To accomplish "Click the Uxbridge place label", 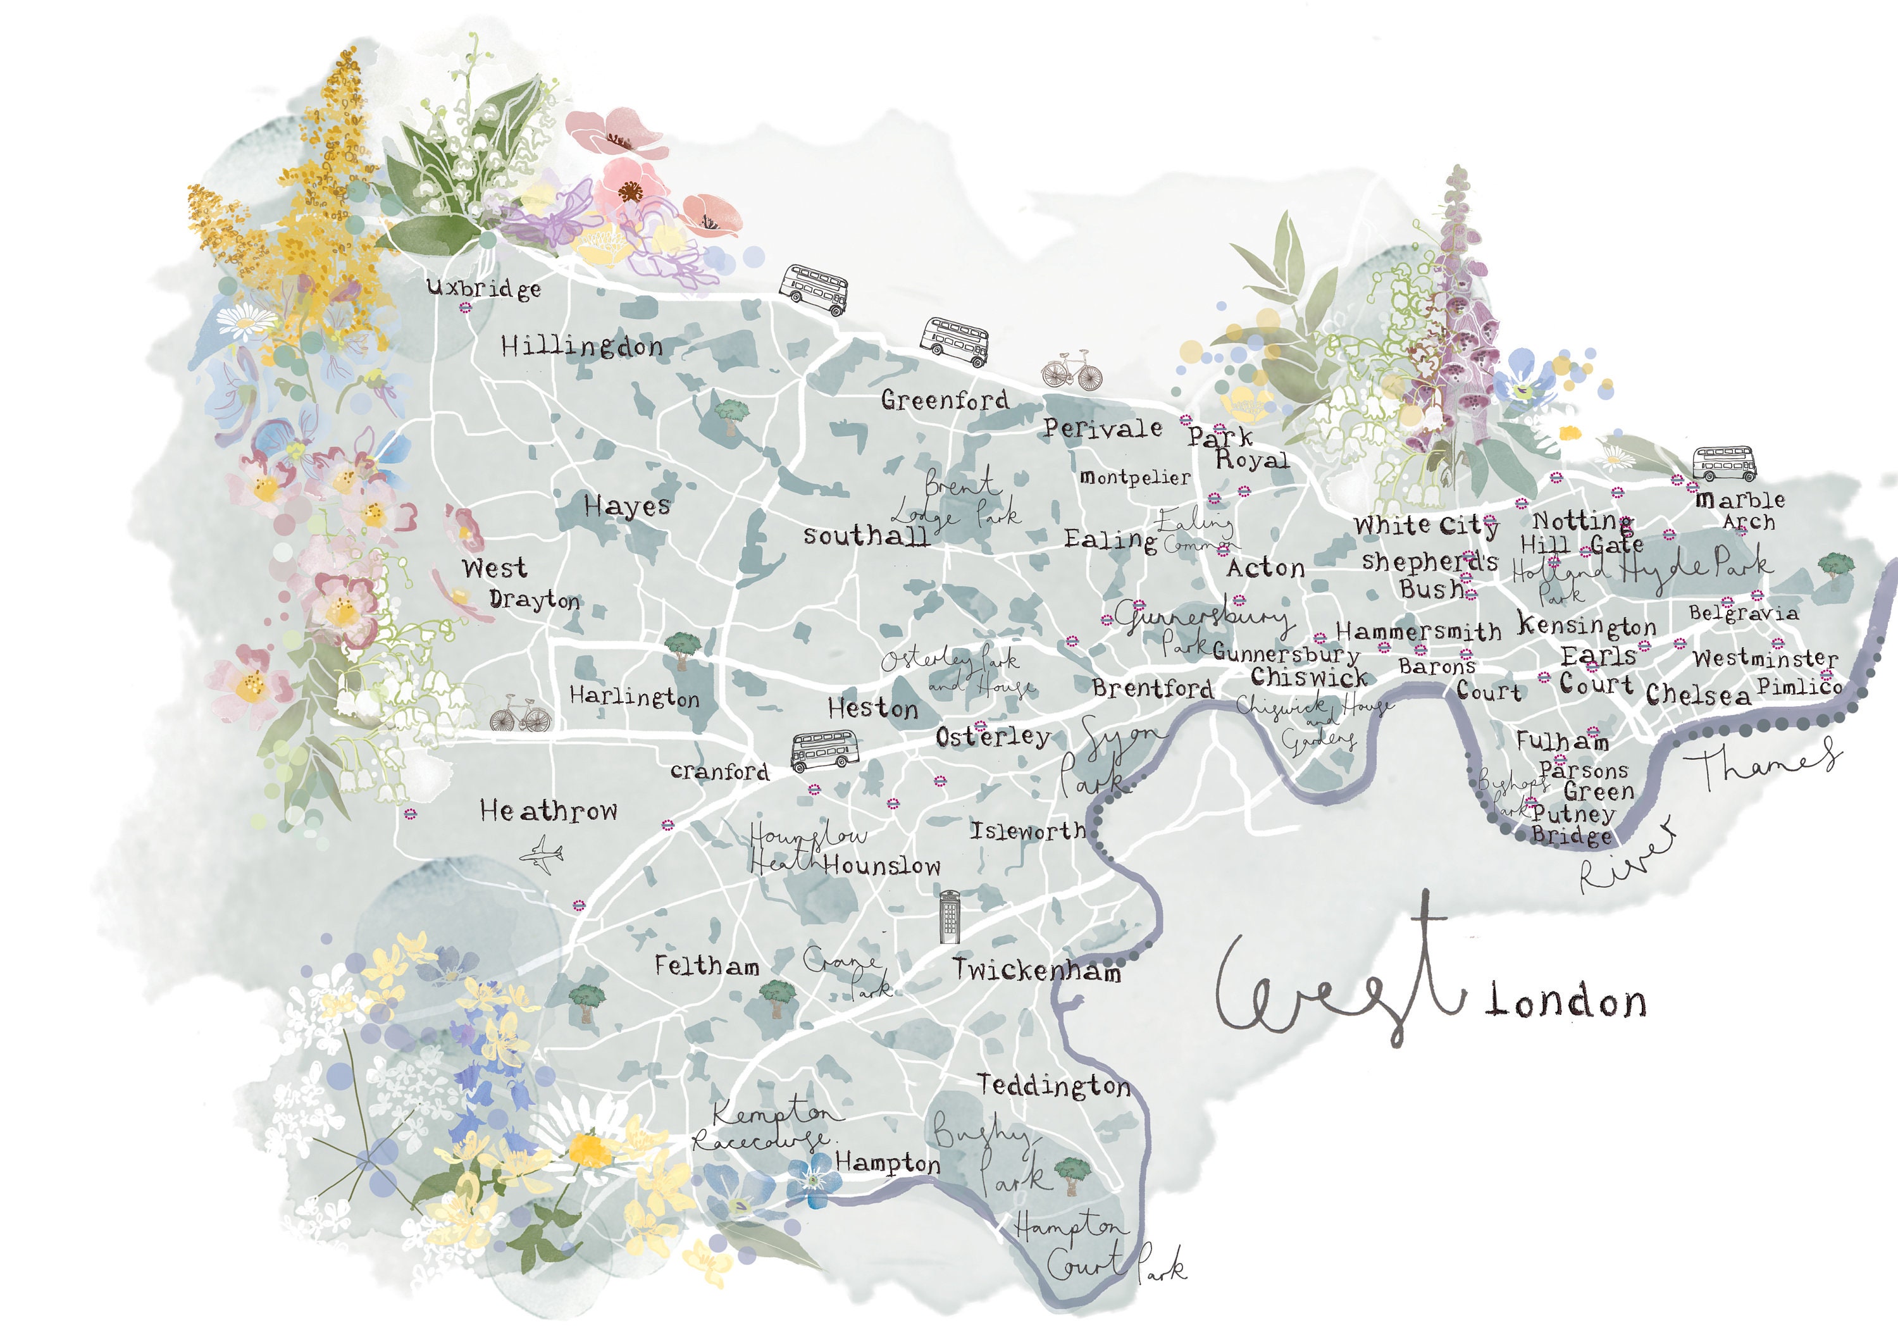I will click(x=483, y=288).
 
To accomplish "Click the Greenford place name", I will click(x=944, y=401).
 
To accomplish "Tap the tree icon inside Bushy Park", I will click(x=1072, y=1174).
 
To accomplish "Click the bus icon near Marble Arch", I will click(x=1723, y=464).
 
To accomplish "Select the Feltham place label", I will click(x=707, y=965).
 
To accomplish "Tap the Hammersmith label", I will click(x=1418, y=631).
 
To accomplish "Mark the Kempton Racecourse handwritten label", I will click(x=765, y=1127).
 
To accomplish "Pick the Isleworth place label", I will click(x=1027, y=830).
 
